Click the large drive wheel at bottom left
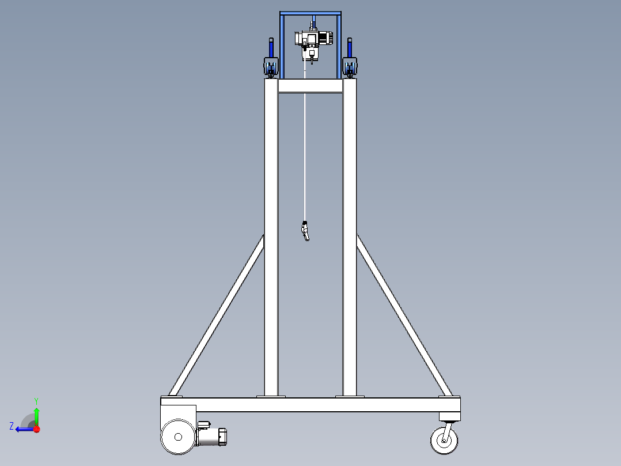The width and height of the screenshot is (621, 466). click(x=178, y=437)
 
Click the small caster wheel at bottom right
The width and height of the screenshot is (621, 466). click(x=444, y=440)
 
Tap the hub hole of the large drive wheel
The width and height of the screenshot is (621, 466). click(x=178, y=437)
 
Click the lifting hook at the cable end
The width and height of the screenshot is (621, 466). click(x=305, y=231)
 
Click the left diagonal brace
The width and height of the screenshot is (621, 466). click(x=217, y=315)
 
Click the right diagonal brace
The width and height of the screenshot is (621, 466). click(x=404, y=315)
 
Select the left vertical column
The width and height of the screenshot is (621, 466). click(x=271, y=237)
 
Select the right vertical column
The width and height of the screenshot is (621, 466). click(x=349, y=237)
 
